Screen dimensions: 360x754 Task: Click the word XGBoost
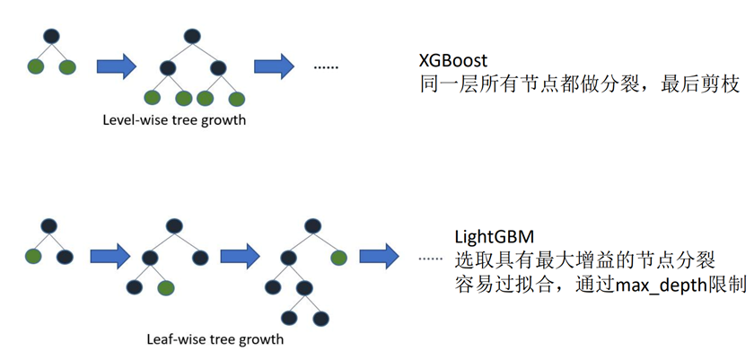(x=453, y=61)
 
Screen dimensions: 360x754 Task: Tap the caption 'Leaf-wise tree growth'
(x=215, y=339)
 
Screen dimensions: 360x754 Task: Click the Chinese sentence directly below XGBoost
(x=579, y=85)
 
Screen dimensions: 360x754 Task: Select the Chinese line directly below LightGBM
(x=584, y=261)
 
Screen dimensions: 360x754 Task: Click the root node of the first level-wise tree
(x=51, y=36)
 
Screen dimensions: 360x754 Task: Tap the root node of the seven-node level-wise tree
(x=191, y=36)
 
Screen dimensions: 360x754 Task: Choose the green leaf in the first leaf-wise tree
(x=34, y=257)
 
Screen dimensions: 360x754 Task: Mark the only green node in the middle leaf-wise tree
(x=165, y=288)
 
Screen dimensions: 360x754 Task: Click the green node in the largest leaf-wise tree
(x=338, y=258)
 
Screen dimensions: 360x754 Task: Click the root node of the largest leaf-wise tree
(x=311, y=226)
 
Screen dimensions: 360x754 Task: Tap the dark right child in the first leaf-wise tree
(x=65, y=257)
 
